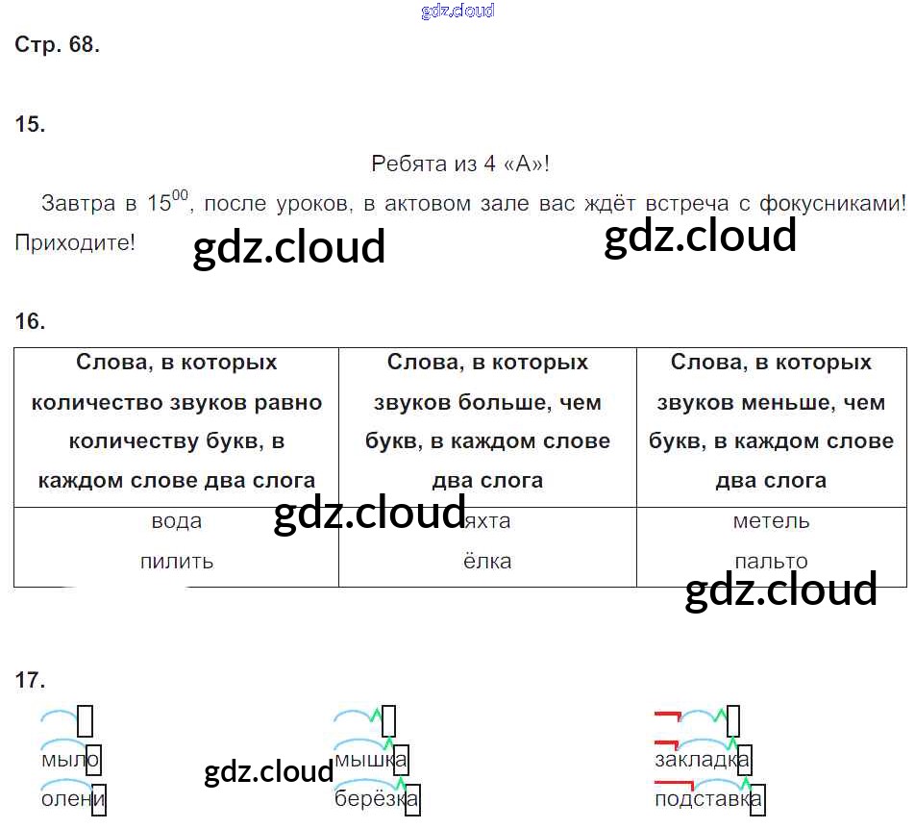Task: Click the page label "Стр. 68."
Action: tap(58, 45)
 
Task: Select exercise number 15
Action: tap(31, 124)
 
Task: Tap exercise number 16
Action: tap(31, 321)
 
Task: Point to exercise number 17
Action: tap(31, 681)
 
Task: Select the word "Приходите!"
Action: tap(75, 242)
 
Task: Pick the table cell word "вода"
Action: tap(177, 521)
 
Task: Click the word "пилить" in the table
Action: tap(177, 561)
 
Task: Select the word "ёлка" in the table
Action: tap(487, 561)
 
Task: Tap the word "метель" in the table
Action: tap(771, 521)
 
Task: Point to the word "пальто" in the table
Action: tap(771, 561)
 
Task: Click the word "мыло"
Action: tap(69, 760)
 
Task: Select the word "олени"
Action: tap(72, 799)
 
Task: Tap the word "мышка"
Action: tap(370, 760)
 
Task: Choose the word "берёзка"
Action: tap(376, 799)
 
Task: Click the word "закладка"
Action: tap(701, 760)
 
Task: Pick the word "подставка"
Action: tap(707, 799)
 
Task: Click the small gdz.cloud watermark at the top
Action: tap(457, 12)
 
